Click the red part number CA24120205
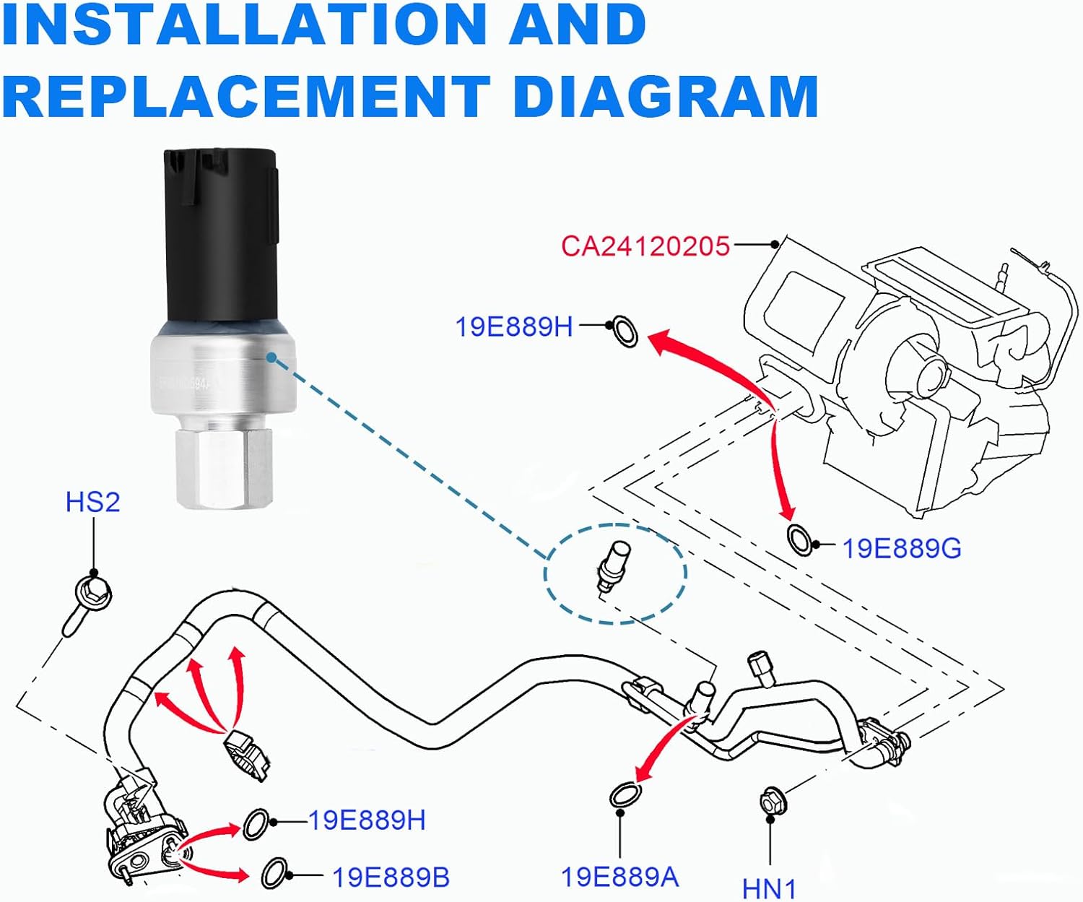point(645,246)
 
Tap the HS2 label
point(92,502)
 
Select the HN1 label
point(769,888)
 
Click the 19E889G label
point(902,549)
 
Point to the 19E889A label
point(619,877)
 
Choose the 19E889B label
point(391,877)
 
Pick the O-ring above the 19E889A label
point(623,795)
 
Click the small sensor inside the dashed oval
point(610,567)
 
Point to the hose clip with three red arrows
point(246,754)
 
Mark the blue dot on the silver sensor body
point(271,357)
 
